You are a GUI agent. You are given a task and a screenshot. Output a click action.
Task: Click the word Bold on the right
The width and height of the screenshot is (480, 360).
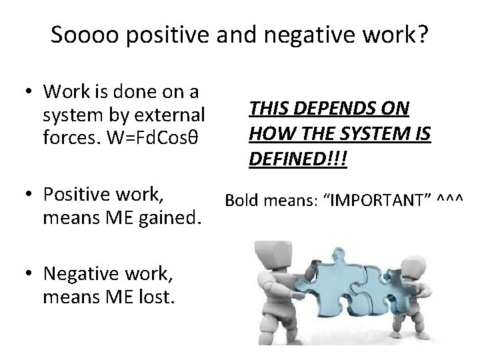pos(241,199)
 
